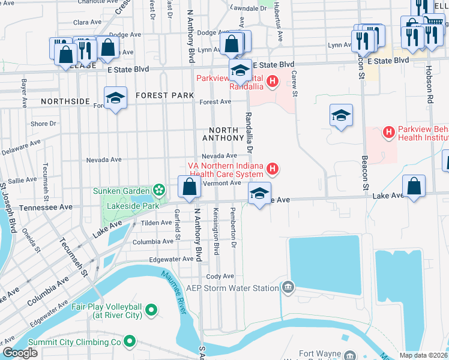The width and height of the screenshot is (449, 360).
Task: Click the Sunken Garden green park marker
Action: [x=159, y=191]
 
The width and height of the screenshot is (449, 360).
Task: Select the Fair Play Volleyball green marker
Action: [x=151, y=310]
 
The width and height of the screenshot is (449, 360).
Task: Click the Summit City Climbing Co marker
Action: [x=128, y=341]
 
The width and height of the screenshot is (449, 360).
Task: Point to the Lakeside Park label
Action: [x=132, y=205]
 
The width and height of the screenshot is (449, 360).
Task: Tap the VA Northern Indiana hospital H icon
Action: [x=273, y=169]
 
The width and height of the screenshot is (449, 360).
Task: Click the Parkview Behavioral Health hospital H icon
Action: [x=388, y=132]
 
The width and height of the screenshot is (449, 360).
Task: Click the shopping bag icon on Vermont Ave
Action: [x=189, y=188]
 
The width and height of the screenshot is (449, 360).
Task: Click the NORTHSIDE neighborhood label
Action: [x=65, y=101]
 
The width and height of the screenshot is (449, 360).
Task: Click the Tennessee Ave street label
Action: [x=46, y=207]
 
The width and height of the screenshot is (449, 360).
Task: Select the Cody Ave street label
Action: [x=220, y=276]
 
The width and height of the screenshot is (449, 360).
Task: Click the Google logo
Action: [x=20, y=353]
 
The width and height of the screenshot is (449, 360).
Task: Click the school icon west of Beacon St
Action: [x=341, y=115]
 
